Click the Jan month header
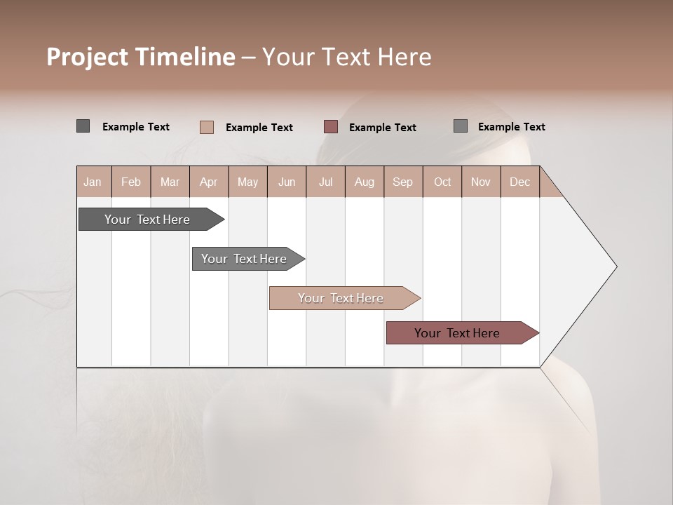(93, 182)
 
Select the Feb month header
(131, 182)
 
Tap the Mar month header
(170, 182)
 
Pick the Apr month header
(209, 182)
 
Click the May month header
(247, 182)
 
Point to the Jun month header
(287, 182)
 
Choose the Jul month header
(325, 182)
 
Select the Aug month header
(365, 182)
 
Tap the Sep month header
(403, 182)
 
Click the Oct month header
(442, 182)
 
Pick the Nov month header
(481, 182)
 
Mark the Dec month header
(520, 182)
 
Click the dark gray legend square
(83, 126)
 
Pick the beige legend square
(207, 127)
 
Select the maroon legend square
(331, 127)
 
